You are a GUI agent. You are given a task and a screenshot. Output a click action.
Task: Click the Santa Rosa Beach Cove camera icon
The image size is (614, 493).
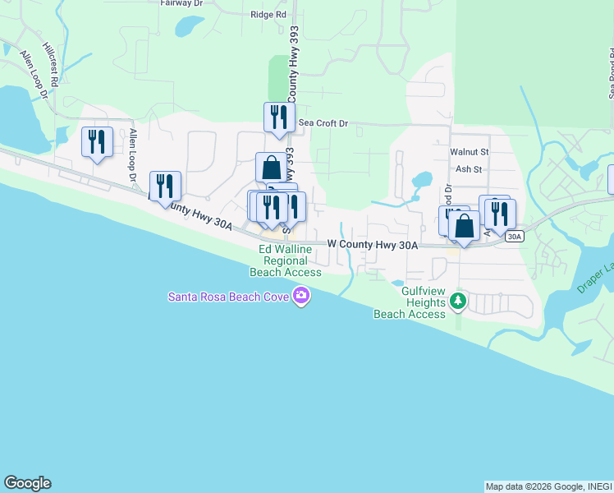pos(301,296)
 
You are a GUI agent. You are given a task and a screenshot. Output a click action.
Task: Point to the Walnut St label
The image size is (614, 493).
pos(469,152)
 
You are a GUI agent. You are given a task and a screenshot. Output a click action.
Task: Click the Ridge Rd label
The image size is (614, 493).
pos(268,15)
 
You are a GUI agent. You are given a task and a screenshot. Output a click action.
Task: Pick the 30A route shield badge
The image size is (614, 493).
pos(515,237)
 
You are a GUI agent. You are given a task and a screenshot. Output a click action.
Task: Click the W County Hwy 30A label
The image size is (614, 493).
pos(373,244)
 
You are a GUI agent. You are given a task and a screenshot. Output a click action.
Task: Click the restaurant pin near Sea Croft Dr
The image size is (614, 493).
pos(279,117)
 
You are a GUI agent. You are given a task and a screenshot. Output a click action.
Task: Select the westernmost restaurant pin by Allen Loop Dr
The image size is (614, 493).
pos(97,142)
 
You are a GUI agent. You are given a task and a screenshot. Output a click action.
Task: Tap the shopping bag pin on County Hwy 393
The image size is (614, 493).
pos(271,168)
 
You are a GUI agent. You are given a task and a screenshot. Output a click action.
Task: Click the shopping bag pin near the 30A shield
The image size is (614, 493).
pos(464,226)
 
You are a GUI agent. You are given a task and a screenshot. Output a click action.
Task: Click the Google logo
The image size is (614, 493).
pos(27,483)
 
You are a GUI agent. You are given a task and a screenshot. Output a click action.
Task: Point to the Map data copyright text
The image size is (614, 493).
pos(548,486)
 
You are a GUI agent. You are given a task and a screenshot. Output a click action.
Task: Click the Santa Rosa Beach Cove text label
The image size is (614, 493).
pos(230,296)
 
